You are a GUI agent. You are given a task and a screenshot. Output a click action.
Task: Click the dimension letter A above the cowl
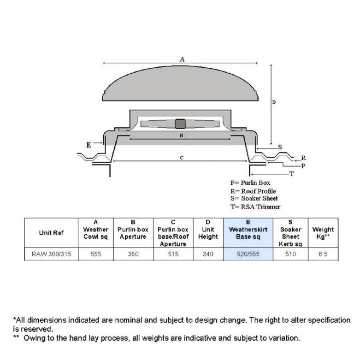click(x=182, y=59)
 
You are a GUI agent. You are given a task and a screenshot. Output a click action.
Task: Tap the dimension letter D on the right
click(x=274, y=102)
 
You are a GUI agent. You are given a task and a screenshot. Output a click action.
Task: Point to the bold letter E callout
click(x=89, y=145)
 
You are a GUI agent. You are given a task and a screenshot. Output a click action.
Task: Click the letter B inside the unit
click(x=182, y=136)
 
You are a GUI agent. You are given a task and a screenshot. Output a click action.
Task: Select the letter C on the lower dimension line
click(x=182, y=158)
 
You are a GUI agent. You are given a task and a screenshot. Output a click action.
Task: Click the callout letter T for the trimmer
click(x=291, y=174)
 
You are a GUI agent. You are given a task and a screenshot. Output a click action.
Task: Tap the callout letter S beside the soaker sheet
click(x=280, y=147)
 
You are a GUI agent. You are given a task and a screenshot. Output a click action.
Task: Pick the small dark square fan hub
click(x=180, y=124)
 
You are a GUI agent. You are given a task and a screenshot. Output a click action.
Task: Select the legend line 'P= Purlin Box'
click(x=250, y=183)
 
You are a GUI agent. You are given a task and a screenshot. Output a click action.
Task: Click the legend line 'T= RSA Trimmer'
click(x=255, y=207)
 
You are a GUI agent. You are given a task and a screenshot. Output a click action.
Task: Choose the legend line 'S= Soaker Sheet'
click(x=254, y=199)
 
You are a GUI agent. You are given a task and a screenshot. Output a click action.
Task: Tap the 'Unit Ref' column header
click(x=51, y=233)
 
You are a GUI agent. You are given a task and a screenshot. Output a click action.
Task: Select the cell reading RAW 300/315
click(x=51, y=254)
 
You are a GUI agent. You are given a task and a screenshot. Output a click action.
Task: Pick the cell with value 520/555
click(x=248, y=254)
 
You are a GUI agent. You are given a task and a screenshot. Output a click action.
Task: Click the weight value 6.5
click(x=323, y=254)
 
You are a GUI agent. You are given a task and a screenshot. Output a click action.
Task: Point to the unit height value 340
click(x=208, y=254)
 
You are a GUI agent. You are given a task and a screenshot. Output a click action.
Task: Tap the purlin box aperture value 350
click(x=133, y=254)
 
